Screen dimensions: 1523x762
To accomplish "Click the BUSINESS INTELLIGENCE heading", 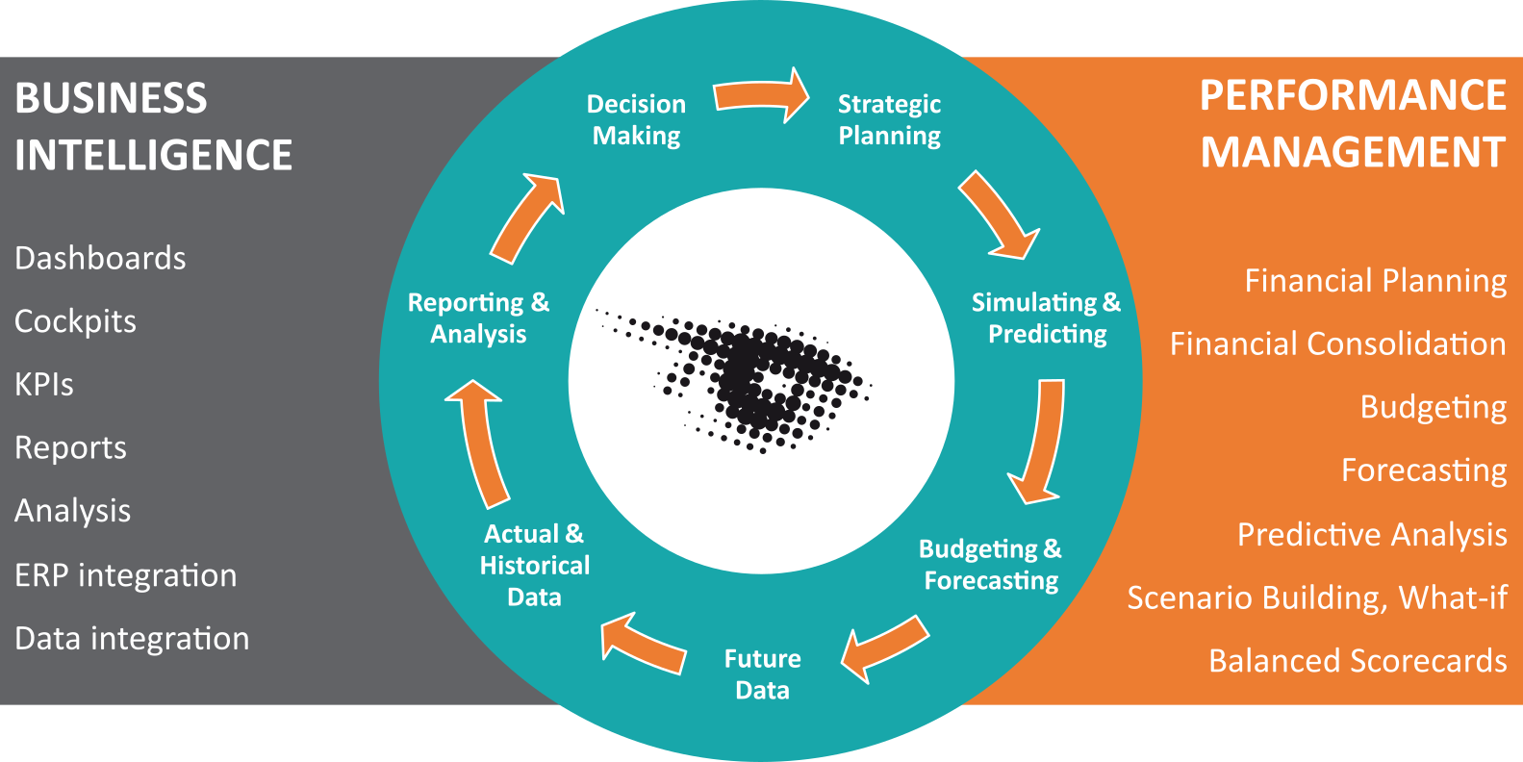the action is pos(154,126).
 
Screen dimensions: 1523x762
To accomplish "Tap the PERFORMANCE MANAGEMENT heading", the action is pos(1353,123).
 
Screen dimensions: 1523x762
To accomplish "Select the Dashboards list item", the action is pos(100,258).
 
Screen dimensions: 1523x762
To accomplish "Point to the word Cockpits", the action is pos(75,321).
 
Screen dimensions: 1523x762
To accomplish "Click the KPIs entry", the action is pos(43,385).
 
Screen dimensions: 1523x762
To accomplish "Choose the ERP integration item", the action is pos(126,575).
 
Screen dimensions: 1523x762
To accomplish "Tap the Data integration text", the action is pos(132,639).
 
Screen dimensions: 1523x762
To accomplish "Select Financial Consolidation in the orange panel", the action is pos(1338,343).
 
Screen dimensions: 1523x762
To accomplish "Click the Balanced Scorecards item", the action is pos(1358,661).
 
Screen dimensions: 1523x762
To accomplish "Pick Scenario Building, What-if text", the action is pos(1318,597).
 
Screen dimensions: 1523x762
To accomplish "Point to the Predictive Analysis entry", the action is pos(1372,534).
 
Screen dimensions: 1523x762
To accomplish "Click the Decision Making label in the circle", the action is pos(636,119).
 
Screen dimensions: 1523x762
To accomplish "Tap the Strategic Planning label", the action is pos(889,119).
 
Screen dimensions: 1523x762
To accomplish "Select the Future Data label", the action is pos(762,674).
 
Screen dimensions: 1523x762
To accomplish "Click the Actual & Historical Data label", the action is pos(534,566).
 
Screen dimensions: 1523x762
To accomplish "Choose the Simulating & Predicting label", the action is pos(1047,318).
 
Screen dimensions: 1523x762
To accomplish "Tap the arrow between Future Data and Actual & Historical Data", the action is pos(643,645).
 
